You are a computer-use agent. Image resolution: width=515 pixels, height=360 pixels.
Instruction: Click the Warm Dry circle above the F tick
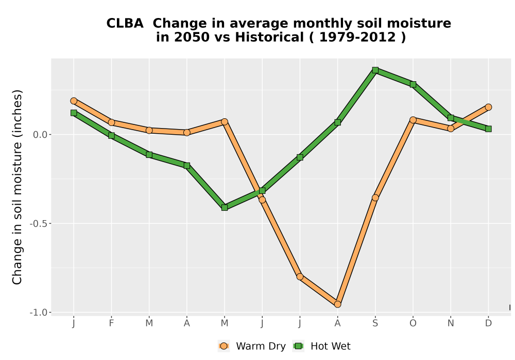click(111, 122)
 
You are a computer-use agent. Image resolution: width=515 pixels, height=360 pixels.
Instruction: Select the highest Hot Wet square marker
click(375, 70)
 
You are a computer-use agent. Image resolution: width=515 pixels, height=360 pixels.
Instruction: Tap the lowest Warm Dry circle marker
click(338, 304)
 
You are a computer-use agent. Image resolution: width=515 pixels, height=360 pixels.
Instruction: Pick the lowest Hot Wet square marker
click(225, 208)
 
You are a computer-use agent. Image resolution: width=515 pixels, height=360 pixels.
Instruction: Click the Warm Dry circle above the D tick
click(488, 107)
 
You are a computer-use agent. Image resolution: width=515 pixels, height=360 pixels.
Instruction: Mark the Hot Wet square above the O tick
click(413, 84)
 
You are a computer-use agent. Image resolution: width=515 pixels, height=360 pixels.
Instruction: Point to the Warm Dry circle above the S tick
click(375, 197)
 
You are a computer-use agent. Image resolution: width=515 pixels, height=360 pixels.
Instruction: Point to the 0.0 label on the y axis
click(40, 134)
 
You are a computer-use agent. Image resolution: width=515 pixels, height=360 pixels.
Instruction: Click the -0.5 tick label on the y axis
click(39, 224)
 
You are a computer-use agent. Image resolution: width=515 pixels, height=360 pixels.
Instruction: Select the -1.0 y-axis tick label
click(39, 313)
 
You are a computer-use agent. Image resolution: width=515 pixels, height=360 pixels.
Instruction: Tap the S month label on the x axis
click(375, 323)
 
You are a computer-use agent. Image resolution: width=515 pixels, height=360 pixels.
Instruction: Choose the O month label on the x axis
click(413, 323)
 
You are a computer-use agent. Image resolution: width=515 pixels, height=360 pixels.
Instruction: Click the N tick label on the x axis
click(451, 323)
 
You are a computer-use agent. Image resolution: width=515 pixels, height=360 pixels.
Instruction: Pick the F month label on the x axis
click(111, 323)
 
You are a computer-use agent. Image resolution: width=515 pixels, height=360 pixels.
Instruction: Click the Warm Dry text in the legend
click(261, 346)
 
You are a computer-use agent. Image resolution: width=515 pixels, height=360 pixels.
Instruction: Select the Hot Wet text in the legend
click(331, 346)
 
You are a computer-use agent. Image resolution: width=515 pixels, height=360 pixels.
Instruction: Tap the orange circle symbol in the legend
click(224, 346)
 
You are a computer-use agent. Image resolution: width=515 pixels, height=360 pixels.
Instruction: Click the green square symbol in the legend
click(299, 346)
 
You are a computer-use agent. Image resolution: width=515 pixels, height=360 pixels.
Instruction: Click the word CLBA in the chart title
click(125, 23)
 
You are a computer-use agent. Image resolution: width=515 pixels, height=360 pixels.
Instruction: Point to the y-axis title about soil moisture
click(17, 187)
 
